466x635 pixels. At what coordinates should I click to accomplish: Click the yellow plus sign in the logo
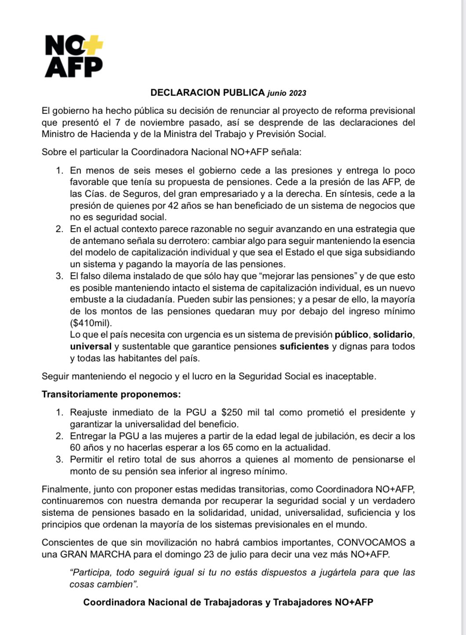click(x=93, y=44)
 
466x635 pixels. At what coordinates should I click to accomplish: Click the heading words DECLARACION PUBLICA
click(x=208, y=92)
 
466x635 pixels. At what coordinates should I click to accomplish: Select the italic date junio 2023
click(x=287, y=93)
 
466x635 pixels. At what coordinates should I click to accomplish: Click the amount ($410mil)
click(x=91, y=323)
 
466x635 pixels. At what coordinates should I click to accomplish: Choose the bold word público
click(x=351, y=335)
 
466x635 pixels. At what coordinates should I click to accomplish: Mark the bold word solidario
click(x=393, y=335)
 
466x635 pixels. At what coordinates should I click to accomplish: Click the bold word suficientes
click(x=304, y=347)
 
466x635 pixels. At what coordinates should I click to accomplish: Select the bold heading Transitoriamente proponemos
click(x=111, y=394)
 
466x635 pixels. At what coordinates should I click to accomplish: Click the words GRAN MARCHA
click(x=91, y=554)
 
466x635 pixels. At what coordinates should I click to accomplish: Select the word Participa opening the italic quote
click(x=90, y=573)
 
